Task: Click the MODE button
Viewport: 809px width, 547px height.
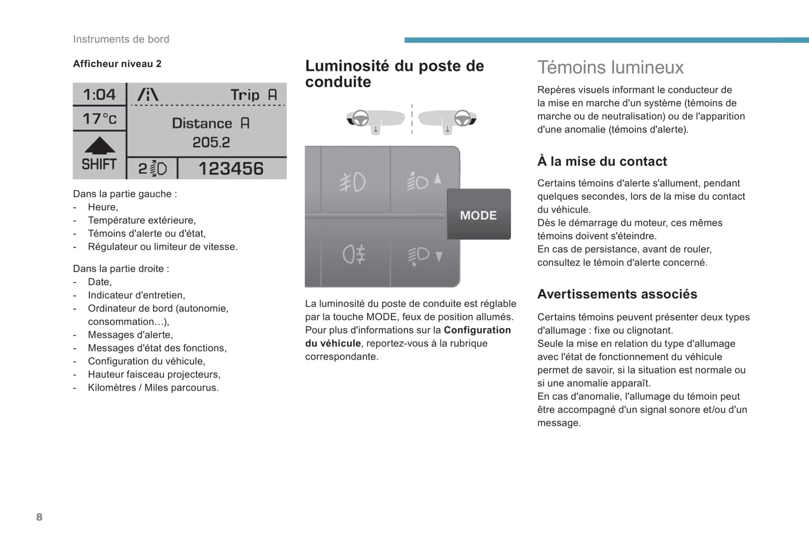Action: [479, 215]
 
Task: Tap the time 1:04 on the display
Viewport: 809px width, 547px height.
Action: [99, 95]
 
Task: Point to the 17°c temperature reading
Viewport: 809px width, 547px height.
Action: [100, 119]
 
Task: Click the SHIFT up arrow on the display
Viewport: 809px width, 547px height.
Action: [100, 146]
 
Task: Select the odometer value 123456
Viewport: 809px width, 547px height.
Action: [231, 169]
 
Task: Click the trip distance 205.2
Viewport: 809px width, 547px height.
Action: [211, 143]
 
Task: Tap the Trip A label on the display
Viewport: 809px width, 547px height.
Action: [254, 95]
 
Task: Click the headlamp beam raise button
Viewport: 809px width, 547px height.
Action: [424, 181]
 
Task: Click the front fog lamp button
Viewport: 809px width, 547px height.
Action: [353, 182]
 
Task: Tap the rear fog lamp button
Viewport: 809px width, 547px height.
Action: [354, 255]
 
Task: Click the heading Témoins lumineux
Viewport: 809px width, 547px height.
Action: [610, 68]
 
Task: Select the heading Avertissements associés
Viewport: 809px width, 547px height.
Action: [617, 294]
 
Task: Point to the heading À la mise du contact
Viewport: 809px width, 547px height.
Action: [602, 161]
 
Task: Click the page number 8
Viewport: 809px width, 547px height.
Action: [39, 517]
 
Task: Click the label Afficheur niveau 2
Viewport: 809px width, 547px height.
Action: [117, 64]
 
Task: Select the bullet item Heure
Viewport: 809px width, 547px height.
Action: [102, 207]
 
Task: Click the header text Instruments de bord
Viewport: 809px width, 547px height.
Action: [121, 39]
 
